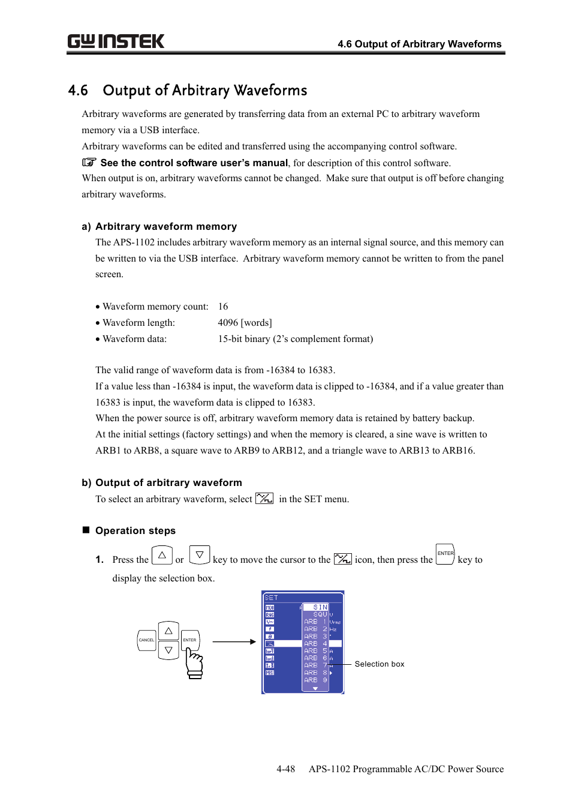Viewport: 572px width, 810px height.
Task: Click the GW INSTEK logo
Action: [x=116, y=41]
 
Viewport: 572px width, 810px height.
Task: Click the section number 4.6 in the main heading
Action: [x=78, y=91]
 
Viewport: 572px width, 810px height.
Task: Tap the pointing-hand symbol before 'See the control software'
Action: [x=89, y=162]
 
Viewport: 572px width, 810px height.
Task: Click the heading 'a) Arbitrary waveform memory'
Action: [x=159, y=226]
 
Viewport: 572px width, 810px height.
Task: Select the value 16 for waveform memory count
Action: [x=223, y=307]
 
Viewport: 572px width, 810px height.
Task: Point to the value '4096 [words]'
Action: [x=245, y=323]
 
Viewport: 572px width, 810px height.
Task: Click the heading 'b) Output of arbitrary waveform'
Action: [x=162, y=482]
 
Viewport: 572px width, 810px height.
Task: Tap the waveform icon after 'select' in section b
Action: [x=264, y=499]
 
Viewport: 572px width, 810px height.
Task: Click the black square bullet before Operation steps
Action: [x=86, y=530]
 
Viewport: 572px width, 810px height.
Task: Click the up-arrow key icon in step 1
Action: [x=162, y=556]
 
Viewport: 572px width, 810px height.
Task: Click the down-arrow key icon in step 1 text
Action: [x=200, y=556]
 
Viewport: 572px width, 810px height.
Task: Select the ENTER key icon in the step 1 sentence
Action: [x=445, y=554]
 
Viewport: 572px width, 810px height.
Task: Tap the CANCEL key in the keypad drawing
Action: [x=146, y=640]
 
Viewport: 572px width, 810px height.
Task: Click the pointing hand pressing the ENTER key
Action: [x=194, y=663]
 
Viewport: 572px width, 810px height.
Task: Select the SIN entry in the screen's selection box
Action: [x=320, y=607]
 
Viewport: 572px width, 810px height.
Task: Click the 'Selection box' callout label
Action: [x=379, y=664]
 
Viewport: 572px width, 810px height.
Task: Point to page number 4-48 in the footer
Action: [x=285, y=769]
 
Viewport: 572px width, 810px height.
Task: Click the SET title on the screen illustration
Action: [x=271, y=598]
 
